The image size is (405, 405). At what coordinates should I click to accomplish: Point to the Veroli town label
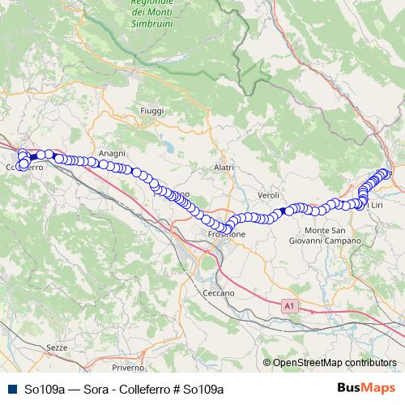[268, 196]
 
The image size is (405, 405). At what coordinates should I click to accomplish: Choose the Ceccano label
[219, 292]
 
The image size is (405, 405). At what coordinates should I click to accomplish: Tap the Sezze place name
[58, 347]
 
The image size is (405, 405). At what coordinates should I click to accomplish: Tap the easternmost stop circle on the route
[386, 173]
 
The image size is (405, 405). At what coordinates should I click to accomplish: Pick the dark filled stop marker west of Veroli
[283, 211]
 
